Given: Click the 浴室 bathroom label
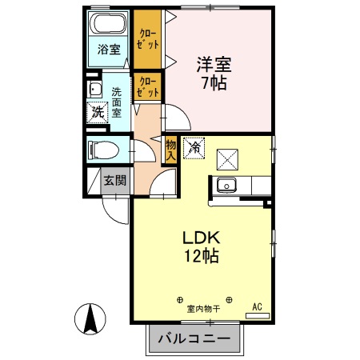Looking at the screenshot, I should [x=109, y=50].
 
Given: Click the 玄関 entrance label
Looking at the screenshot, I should [x=114, y=180].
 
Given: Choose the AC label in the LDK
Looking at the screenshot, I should [x=258, y=306].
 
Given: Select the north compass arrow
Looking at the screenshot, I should [x=91, y=321].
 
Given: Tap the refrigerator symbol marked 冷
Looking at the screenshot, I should [x=193, y=148].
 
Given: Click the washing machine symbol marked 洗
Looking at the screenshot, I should [x=97, y=112].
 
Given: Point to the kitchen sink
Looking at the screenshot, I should [x=226, y=186].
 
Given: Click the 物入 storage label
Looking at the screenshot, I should [x=170, y=148].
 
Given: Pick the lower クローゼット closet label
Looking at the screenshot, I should [x=148, y=86].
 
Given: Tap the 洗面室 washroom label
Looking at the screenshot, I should [x=117, y=102].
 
